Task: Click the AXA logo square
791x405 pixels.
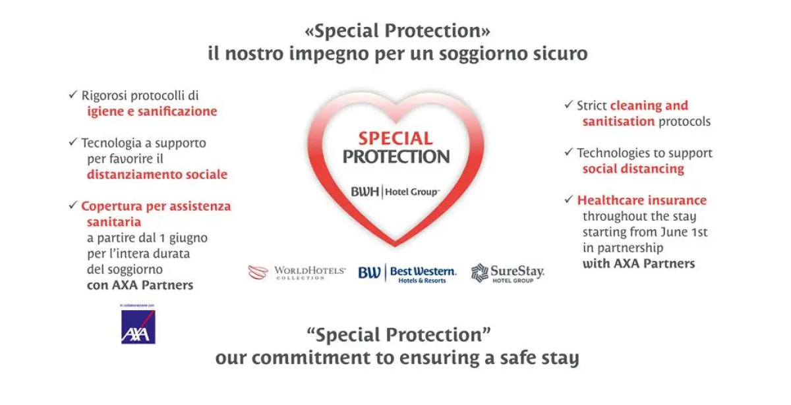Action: coord(138,327)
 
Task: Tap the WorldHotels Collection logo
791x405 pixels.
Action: coord(297,272)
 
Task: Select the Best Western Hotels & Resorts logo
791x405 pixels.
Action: coord(407,273)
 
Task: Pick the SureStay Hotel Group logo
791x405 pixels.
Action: coord(508,273)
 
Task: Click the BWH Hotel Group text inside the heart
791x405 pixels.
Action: coord(395,192)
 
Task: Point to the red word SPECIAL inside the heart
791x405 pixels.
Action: coord(395,138)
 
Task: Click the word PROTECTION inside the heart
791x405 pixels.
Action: coord(395,157)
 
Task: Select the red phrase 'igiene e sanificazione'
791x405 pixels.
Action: coord(152,111)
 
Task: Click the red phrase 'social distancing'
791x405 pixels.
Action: coord(633,169)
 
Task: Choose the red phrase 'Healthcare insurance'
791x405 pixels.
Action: coord(641,200)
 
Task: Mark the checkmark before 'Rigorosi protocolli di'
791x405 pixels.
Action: coord(73,95)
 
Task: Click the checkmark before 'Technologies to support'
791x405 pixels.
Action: coord(568,152)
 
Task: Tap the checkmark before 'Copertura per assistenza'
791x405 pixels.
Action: coord(73,205)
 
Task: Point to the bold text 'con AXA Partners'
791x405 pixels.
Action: coord(140,285)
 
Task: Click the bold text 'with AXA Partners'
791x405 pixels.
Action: coord(638,263)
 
